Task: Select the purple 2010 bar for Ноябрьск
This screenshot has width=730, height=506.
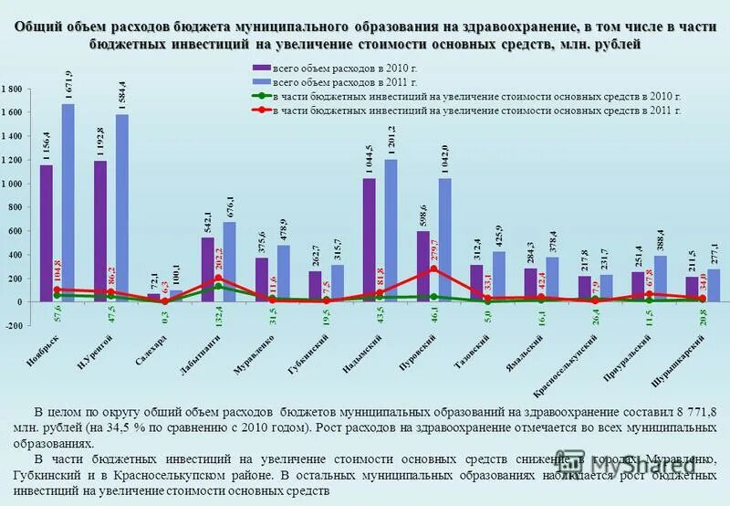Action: (x=47, y=233)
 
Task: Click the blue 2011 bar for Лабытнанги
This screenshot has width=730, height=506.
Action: (x=229, y=261)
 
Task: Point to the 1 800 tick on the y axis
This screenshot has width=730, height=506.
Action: (x=13, y=89)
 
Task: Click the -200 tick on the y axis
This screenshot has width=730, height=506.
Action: (x=13, y=325)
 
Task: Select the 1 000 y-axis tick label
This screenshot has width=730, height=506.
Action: (x=13, y=184)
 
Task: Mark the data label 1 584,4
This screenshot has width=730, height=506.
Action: (x=121, y=95)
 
